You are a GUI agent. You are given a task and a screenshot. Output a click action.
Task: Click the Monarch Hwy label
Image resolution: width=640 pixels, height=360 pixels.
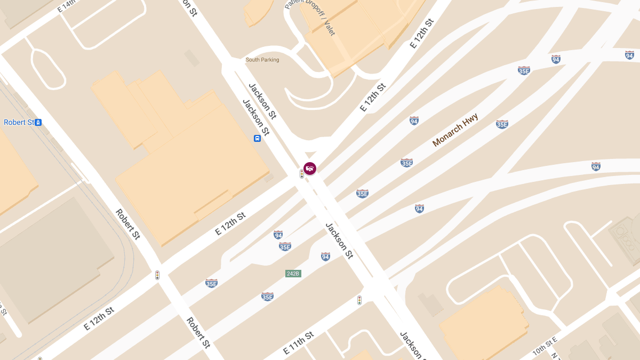(x=455, y=130)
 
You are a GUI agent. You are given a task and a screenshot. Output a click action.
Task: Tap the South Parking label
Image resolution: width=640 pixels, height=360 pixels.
(x=262, y=60)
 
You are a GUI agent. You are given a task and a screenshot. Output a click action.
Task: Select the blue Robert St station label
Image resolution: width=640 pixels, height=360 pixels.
(x=19, y=122)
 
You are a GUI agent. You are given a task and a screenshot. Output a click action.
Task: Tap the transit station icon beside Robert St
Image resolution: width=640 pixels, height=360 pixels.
(x=38, y=122)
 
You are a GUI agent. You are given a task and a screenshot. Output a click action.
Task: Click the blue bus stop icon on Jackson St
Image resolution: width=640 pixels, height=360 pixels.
(x=257, y=139)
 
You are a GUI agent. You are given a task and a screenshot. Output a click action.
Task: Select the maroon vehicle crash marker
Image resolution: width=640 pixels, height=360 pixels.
(x=310, y=169)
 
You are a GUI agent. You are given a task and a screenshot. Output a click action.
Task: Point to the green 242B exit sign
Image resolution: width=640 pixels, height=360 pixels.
(x=293, y=274)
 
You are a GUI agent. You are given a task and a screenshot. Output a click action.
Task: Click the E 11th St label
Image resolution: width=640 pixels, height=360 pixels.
(x=299, y=343)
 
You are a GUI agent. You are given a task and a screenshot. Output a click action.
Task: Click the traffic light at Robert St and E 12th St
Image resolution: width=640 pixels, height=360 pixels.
(x=157, y=275)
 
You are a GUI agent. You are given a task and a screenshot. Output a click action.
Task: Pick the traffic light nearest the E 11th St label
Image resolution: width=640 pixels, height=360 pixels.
(x=359, y=300)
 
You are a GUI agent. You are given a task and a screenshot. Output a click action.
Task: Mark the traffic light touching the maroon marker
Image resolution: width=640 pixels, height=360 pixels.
(x=302, y=174)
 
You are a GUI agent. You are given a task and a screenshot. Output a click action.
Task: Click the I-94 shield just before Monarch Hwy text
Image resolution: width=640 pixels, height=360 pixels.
(x=414, y=121)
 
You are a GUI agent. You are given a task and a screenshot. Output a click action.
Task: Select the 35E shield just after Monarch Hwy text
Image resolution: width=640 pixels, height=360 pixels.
(x=501, y=124)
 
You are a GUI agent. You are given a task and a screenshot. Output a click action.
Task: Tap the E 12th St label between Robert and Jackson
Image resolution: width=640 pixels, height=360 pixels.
(x=230, y=223)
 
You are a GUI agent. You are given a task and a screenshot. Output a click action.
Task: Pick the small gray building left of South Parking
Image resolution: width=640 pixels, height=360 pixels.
(x=191, y=58)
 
